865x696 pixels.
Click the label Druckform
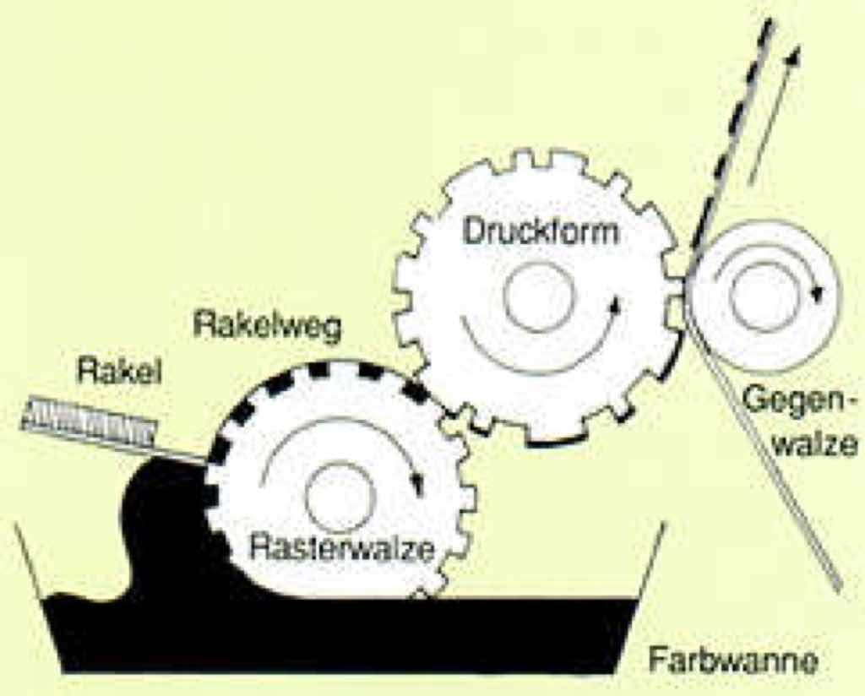(541, 230)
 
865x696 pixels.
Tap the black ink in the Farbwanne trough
(338, 633)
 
